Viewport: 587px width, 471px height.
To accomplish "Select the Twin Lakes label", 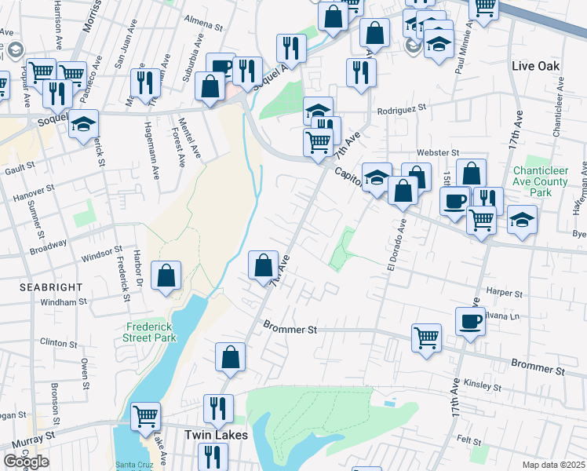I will coord(216,434).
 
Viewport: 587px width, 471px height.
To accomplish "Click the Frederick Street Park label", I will coord(149,332).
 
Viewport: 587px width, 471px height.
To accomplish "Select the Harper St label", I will coord(505,293).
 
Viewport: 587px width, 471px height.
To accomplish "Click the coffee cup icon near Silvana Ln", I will coord(470,321).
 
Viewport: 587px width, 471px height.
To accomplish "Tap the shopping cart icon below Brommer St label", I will coord(426,338).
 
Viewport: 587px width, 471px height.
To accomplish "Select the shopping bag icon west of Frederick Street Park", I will coord(166,276).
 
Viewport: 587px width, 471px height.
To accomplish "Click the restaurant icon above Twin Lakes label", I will coord(217,408).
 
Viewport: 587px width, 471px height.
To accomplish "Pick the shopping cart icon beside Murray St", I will coord(145,416).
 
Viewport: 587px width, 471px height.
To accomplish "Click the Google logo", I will coord(25,462).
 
